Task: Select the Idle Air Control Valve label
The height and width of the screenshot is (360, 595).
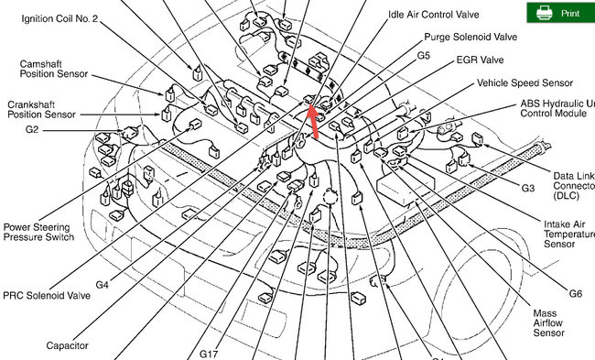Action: [433, 15]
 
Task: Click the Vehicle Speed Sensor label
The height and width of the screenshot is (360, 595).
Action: [525, 82]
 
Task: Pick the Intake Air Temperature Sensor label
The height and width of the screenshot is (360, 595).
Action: [566, 235]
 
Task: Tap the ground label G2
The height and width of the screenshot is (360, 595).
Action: [32, 130]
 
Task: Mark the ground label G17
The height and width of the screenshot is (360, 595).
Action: [210, 351]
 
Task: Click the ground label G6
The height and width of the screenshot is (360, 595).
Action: [575, 294]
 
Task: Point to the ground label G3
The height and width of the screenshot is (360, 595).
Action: [527, 188]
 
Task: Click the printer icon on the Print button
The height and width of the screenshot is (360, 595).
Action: [544, 13]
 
